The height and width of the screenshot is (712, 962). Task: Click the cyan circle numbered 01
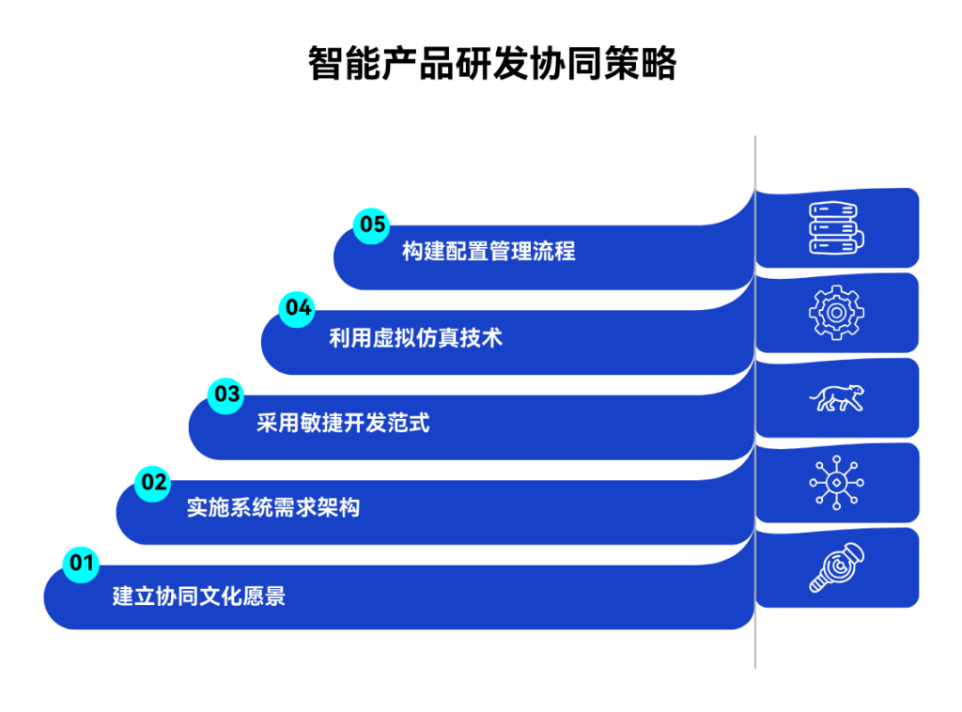(x=82, y=564)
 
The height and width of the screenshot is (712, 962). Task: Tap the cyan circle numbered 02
(x=153, y=483)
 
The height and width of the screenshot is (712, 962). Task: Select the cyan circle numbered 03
(x=226, y=395)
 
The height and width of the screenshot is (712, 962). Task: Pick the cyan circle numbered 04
(x=298, y=308)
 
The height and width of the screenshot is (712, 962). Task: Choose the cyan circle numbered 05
(x=372, y=224)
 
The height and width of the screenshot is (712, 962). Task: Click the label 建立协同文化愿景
(x=199, y=596)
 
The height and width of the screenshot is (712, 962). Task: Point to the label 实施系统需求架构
(x=272, y=509)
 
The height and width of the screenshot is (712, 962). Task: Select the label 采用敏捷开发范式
(x=343, y=424)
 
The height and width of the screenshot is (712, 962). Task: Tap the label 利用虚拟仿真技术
(x=415, y=338)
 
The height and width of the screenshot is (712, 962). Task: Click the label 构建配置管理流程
(x=489, y=252)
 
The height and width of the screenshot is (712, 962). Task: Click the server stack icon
(x=836, y=228)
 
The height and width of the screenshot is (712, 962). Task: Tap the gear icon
(x=836, y=313)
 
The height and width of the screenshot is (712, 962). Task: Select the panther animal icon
(x=836, y=398)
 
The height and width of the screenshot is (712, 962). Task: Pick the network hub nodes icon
(x=836, y=483)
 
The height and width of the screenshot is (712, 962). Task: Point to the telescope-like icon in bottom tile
(x=836, y=568)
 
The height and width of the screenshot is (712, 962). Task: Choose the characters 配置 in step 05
(x=467, y=252)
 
